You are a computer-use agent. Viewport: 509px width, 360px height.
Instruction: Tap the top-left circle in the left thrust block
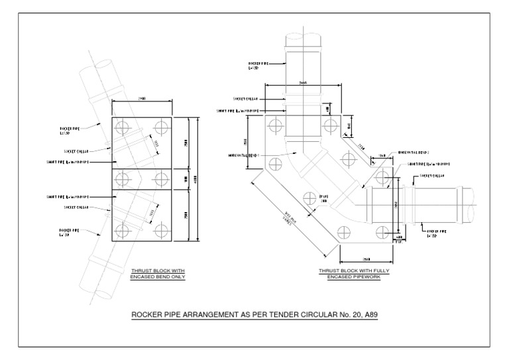pos(122,127)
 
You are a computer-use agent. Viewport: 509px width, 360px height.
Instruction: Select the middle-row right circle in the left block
pos(161,178)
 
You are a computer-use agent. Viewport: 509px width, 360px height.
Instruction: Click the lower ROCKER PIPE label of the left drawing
pos(70,233)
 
